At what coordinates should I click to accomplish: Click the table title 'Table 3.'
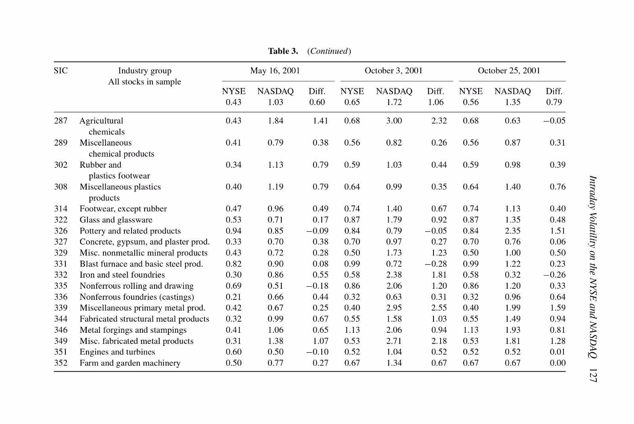pyautogui.click(x=283, y=51)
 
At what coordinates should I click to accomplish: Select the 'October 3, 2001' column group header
pyautogui.click(x=393, y=71)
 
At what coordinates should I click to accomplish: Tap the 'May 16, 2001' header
pyautogui.click(x=275, y=71)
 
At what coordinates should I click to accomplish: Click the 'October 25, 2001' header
pyautogui.click(x=509, y=71)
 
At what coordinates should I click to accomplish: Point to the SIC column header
pyautogui.click(x=61, y=71)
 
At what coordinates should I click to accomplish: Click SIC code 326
pyautogui.click(x=61, y=231)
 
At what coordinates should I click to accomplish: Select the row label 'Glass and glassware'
pyautogui.click(x=116, y=220)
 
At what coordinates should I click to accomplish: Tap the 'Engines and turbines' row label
pyautogui.click(x=117, y=352)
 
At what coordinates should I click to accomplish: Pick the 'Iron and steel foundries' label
pyautogui.click(x=122, y=275)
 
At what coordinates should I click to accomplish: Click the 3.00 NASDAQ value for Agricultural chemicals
pyautogui.click(x=394, y=121)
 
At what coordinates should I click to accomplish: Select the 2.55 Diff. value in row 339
pyautogui.click(x=439, y=308)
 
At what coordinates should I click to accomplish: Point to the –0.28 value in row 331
pyautogui.click(x=435, y=264)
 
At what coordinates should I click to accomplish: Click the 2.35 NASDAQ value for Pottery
pyautogui.click(x=513, y=231)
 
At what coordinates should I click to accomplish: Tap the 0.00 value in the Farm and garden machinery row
pyautogui.click(x=557, y=363)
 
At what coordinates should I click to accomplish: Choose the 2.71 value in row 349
pyautogui.click(x=394, y=341)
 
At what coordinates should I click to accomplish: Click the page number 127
pyautogui.click(x=593, y=376)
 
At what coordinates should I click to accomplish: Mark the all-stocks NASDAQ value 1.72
pyautogui.click(x=394, y=102)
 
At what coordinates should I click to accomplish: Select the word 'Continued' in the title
pyautogui.click(x=329, y=51)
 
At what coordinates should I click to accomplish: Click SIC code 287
pyautogui.click(x=61, y=121)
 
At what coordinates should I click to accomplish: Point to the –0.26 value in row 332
pyautogui.click(x=554, y=275)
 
